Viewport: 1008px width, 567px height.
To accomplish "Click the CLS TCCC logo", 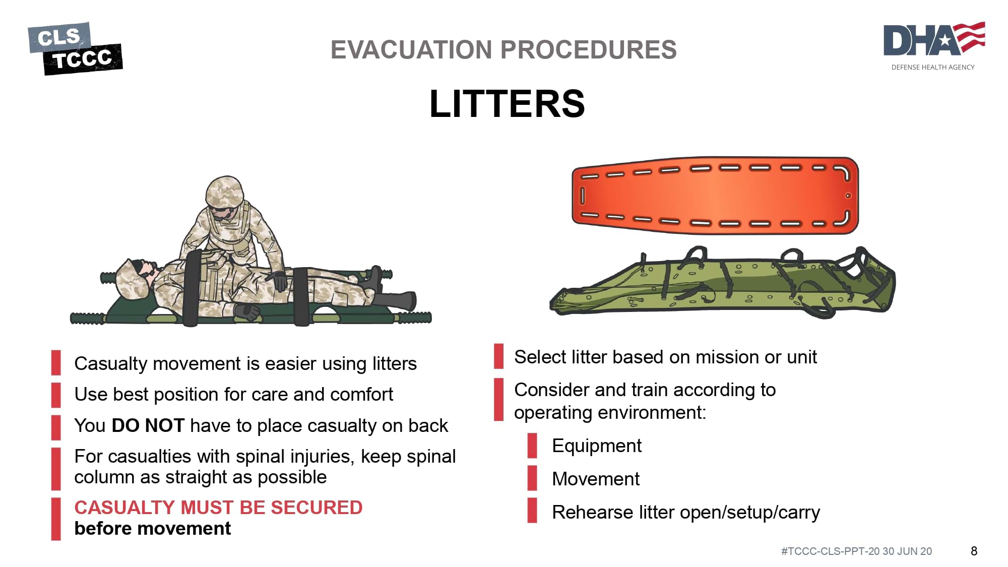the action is (x=75, y=48).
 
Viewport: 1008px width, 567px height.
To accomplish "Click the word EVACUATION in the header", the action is (x=411, y=50).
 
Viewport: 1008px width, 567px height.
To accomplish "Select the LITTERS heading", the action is (x=507, y=104).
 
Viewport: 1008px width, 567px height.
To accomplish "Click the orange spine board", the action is (x=715, y=195).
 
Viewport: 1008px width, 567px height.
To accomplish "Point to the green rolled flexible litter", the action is (x=722, y=282).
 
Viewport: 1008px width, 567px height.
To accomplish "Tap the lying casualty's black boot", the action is (x=396, y=301).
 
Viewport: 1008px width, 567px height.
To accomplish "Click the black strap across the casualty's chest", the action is (x=192, y=288).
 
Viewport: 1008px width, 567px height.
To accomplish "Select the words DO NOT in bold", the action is (x=148, y=426).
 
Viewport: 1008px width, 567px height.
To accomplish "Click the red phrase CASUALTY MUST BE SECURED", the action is (x=218, y=508).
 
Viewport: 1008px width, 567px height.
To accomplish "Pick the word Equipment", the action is (x=597, y=446).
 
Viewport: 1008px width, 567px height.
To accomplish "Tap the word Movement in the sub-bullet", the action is (x=596, y=479).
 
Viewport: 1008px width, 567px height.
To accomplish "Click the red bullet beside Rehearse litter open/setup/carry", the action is (x=532, y=510).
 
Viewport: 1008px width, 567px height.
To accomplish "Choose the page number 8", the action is (x=974, y=551).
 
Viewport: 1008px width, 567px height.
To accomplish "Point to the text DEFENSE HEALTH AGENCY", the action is (x=933, y=67).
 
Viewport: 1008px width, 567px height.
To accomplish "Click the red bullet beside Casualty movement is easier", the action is (x=56, y=363).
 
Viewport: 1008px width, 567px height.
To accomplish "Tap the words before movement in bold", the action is (x=152, y=529).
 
